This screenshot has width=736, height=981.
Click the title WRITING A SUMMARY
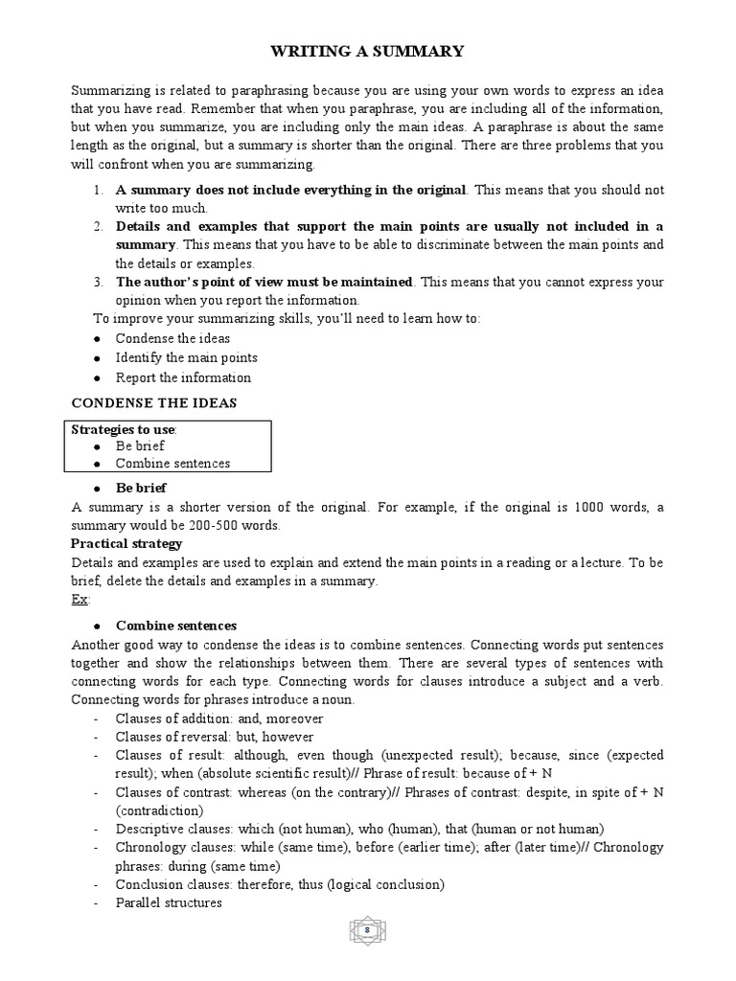368,51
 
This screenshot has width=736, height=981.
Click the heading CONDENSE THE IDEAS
153,402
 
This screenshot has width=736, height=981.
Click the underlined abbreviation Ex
80,599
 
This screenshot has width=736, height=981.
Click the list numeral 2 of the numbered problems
98,226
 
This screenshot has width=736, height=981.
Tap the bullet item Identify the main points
186,357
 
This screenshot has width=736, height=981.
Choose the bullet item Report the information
183,376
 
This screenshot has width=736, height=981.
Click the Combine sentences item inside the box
172,464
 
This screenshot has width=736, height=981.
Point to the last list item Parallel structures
169,902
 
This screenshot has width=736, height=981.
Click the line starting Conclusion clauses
280,884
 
